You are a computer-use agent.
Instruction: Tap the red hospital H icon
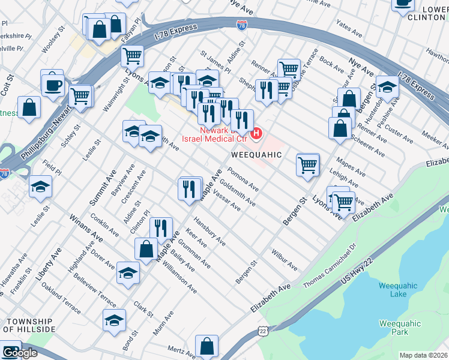coord(257,133)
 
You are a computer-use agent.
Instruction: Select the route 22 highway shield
coord(262,331)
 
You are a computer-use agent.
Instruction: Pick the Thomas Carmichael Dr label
coord(330,265)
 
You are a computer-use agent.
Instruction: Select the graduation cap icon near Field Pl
coord(41,187)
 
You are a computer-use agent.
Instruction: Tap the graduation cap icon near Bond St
coord(114,320)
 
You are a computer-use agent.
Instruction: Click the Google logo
coord(19,353)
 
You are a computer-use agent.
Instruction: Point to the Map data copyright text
coord(424,355)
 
